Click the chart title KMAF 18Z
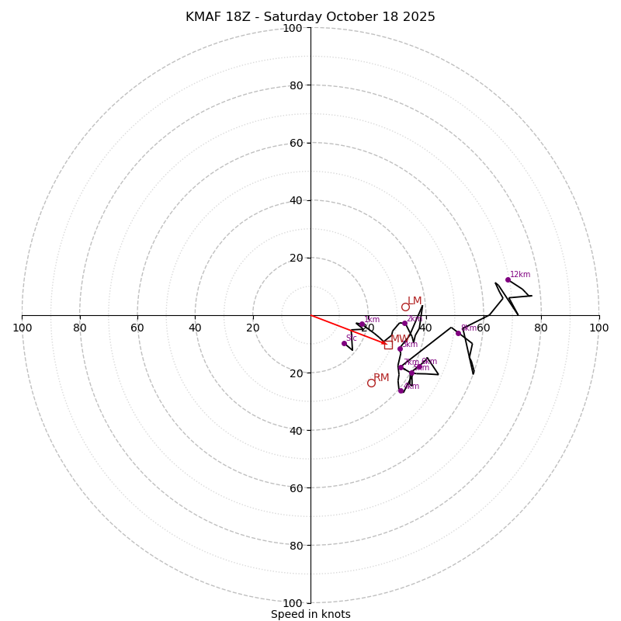pyautogui.click(x=310, y=17)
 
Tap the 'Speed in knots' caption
pyautogui.click(x=310, y=614)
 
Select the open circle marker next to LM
pyautogui.click(x=405, y=307)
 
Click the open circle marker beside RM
pyautogui.click(x=371, y=383)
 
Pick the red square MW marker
pyautogui.click(x=388, y=345)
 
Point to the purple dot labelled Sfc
pyautogui.click(x=344, y=343)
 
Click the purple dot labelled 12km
pyautogui.click(x=508, y=279)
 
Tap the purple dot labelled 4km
pyautogui.click(x=401, y=390)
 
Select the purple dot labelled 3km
pyautogui.click(x=400, y=349)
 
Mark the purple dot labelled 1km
pyautogui.click(x=362, y=324)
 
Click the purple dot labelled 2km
pyautogui.click(x=404, y=324)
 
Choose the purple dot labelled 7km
pyautogui.click(x=401, y=367)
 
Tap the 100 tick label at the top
pyautogui.click(x=293, y=28)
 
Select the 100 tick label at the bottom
pyautogui.click(x=293, y=603)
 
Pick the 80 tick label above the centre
pyautogui.click(x=295, y=85)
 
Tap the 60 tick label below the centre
pyautogui.click(x=295, y=488)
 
